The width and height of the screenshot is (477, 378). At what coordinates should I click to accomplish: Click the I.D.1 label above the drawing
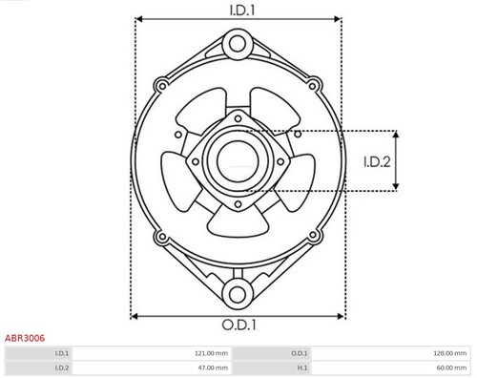click(x=238, y=10)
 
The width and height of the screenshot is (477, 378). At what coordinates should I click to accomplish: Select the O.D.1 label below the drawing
click(x=238, y=325)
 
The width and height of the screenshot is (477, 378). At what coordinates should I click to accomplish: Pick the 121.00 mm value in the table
click(x=208, y=352)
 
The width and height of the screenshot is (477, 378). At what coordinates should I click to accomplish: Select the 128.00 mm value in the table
click(x=448, y=352)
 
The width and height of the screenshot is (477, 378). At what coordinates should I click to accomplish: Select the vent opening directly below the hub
click(x=238, y=221)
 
